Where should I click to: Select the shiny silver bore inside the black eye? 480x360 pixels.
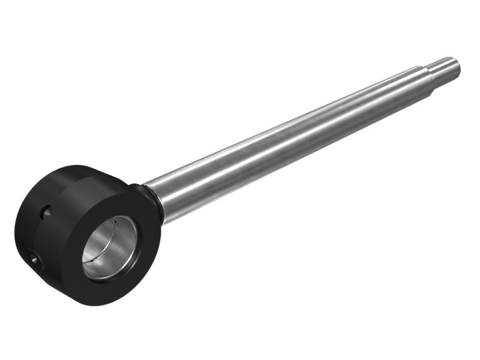click(108, 243)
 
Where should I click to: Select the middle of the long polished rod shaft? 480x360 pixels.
click(288, 141)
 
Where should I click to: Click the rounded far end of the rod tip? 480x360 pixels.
click(458, 66)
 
